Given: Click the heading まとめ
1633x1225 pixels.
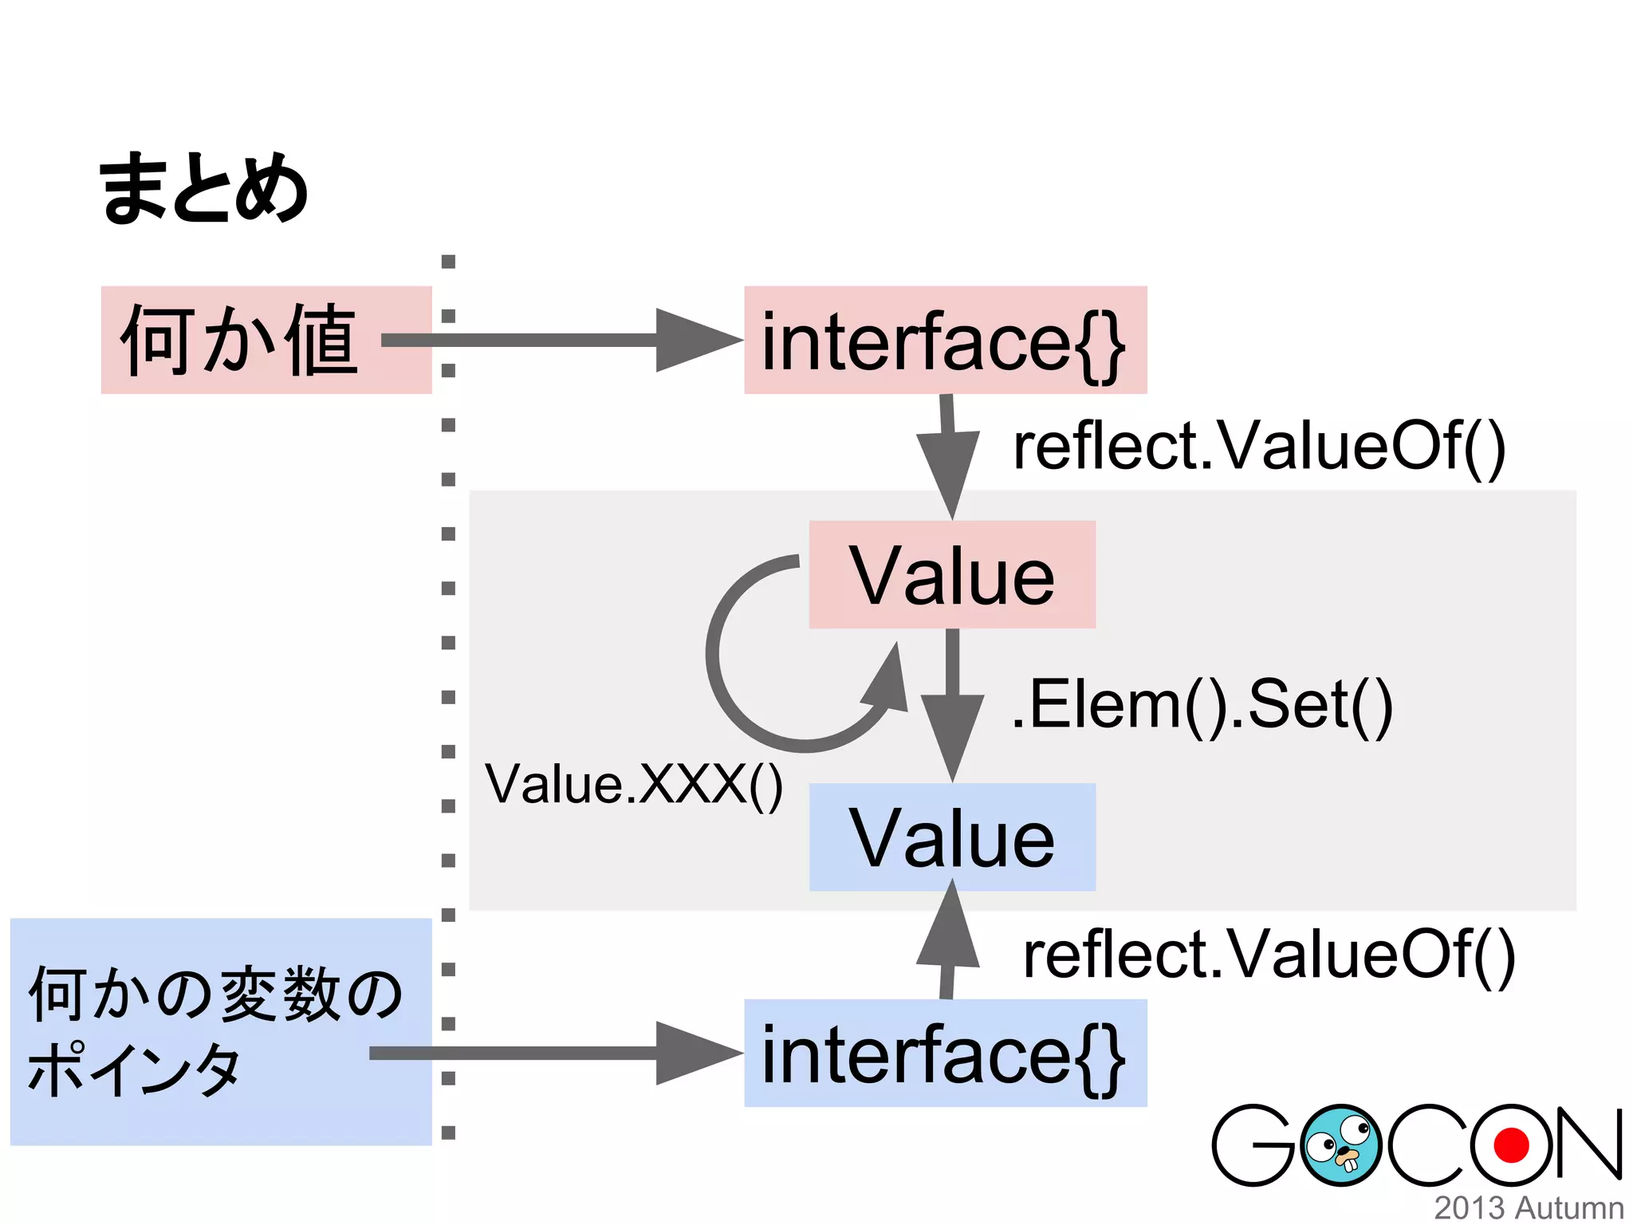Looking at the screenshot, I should (x=203, y=189).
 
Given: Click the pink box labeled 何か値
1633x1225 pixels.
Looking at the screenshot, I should (x=239, y=341).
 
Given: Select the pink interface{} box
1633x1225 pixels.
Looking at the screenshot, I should (x=945, y=341).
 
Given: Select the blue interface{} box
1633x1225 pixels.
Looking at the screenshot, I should (x=945, y=1054).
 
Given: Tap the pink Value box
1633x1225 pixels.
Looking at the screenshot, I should (x=952, y=575).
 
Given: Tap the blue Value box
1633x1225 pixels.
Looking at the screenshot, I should (x=952, y=837).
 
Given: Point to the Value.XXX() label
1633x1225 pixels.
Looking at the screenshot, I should (x=634, y=785).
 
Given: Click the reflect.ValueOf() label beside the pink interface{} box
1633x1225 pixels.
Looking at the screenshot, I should (x=1259, y=447).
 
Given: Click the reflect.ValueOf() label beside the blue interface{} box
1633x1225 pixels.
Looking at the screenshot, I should (x=1269, y=955).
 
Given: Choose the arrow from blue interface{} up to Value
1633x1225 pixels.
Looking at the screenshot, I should (x=948, y=941).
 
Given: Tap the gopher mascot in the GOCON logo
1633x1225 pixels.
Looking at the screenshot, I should (x=1340, y=1145).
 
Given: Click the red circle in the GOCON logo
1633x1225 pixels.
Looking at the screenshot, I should (x=1511, y=1145).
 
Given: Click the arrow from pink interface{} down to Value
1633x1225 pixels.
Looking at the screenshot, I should (x=949, y=455).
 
